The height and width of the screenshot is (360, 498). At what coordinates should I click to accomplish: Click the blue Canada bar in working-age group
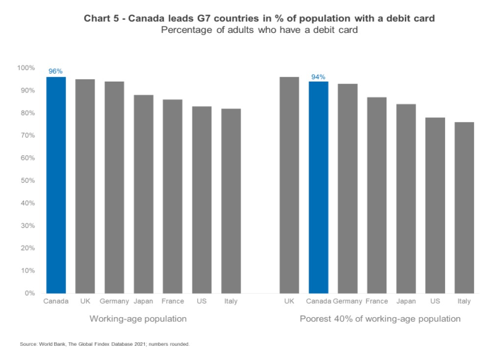56,185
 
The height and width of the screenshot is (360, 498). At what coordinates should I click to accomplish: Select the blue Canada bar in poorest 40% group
318,187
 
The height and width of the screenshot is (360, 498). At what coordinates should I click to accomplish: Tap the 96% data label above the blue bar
56,71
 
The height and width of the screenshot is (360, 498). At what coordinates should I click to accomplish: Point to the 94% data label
318,77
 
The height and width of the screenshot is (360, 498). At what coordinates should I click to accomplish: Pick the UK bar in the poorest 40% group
289,185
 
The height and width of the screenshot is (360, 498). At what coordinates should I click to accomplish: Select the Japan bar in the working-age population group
143,194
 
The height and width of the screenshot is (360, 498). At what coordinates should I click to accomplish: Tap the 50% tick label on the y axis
26,180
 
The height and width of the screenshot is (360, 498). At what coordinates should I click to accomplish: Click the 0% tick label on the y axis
29,293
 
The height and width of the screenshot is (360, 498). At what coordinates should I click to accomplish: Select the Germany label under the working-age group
114,301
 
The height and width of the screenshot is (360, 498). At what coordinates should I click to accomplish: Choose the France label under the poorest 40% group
376,301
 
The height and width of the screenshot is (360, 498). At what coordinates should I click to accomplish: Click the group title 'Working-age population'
138,319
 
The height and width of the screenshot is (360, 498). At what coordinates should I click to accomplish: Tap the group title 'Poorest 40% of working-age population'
380,319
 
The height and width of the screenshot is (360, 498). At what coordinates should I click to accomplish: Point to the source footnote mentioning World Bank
105,344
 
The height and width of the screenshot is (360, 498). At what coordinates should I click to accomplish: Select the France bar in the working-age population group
173,196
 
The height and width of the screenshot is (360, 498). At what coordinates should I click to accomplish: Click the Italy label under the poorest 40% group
464,301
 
